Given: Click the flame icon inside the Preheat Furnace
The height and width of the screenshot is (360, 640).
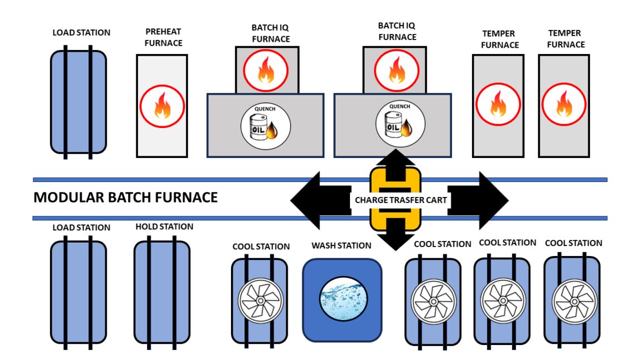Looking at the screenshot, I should tap(161, 105).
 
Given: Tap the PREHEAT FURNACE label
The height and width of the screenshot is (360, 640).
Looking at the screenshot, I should tap(163, 38).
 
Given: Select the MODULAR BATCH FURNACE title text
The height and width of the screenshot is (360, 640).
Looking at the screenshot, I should tap(126, 198).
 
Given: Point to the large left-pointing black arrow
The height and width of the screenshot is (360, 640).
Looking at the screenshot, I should tap(314, 200).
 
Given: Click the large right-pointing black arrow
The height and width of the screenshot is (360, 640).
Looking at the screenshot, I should tap(484, 200).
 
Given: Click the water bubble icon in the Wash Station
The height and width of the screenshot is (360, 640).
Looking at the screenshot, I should tap(342, 299).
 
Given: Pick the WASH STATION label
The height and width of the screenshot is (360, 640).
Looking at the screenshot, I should tap(341, 245).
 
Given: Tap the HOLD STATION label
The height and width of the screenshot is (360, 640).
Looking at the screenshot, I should tap(164, 226).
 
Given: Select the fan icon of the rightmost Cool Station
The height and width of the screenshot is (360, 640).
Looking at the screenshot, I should tap(573, 300).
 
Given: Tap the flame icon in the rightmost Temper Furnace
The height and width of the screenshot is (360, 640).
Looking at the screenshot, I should tap(564, 105).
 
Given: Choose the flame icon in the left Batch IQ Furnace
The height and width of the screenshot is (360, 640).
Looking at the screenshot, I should tap(266, 71).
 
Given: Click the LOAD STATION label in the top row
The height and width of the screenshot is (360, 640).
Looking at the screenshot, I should tap(81, 32).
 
